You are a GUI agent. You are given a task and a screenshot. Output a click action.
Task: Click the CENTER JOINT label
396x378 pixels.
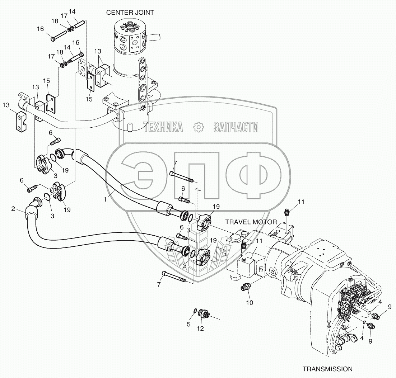click(130, 13)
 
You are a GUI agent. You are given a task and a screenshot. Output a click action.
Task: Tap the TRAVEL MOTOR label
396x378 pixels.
click(251, 222)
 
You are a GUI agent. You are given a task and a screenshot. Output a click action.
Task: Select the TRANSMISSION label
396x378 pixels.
click(327, 369)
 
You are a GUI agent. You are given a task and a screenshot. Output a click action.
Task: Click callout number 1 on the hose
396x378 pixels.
click(105, 199)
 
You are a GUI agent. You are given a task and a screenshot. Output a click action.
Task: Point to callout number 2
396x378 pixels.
click(13, 209)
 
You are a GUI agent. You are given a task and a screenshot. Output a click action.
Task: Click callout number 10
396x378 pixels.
click(250, 303)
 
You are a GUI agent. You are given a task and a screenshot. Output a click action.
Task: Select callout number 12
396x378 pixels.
click(200, 329)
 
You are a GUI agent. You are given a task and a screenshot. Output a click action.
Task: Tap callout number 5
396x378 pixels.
click(188, 324)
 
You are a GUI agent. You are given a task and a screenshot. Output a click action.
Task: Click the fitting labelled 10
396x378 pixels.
click(246, 287)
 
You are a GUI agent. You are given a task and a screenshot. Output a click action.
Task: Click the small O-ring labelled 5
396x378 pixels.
click(195, 311)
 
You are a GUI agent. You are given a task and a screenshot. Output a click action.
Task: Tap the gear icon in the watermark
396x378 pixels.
click(199, 127)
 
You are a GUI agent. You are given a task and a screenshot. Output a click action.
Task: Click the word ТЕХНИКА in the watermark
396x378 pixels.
click(163, 127)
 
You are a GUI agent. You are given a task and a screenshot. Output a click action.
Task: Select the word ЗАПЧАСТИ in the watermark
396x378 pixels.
click(236, 127)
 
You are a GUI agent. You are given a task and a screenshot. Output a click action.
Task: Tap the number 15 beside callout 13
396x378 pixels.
click(46, 81)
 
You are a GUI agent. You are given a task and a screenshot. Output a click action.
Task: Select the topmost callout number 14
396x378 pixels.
click(72, 11)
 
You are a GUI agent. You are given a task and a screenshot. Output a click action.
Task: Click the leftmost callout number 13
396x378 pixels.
click(6, 105)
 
